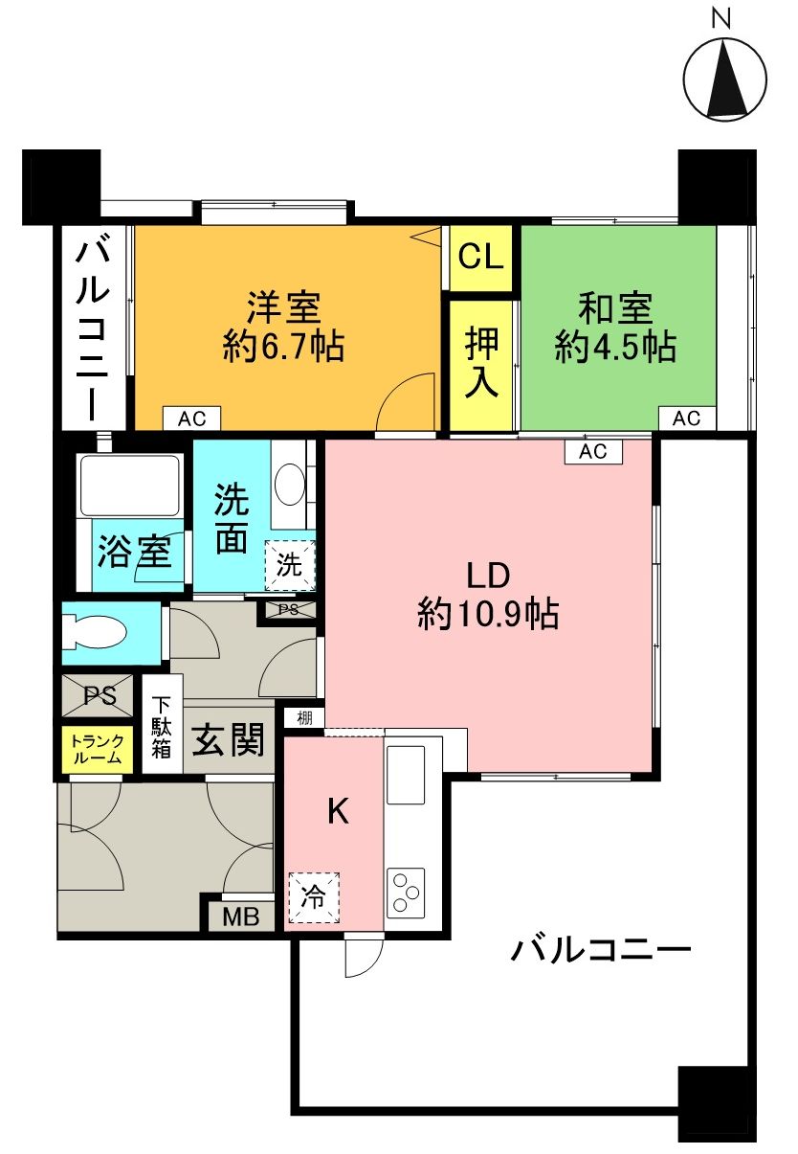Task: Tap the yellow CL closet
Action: pos(482,258)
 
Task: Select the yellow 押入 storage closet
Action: pos(482,365)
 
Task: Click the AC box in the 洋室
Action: pos(191,419)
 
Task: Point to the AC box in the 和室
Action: pos(686,419)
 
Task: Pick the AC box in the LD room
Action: pos(593,452)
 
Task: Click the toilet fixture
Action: pos(96,633)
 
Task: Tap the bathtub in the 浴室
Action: pos(130,486)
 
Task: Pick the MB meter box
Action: pos(241,916)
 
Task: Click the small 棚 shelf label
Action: pos(304,718)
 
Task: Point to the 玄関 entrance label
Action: pos(228,741)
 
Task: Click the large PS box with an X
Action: pos(100,696)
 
